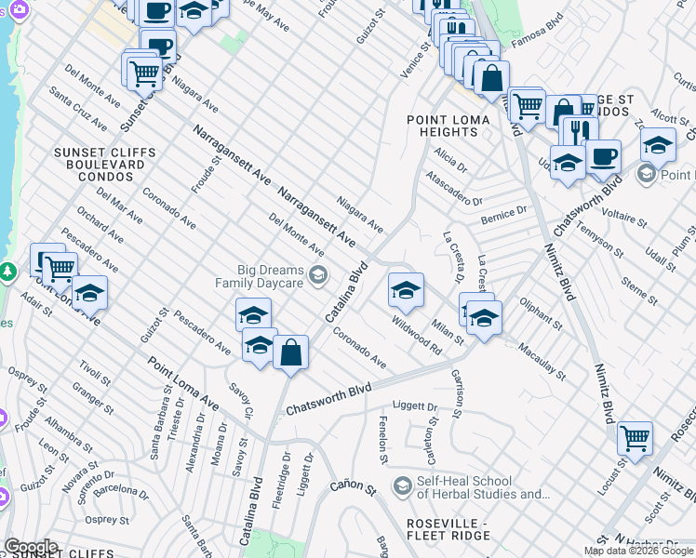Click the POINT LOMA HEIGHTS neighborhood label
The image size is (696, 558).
pos(443,126)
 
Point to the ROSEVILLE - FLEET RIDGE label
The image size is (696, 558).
pos(448,529)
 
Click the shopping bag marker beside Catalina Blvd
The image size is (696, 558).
pos(290,352)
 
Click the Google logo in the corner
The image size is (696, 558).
pos(31,546)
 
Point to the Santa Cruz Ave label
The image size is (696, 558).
pos(79,108)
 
